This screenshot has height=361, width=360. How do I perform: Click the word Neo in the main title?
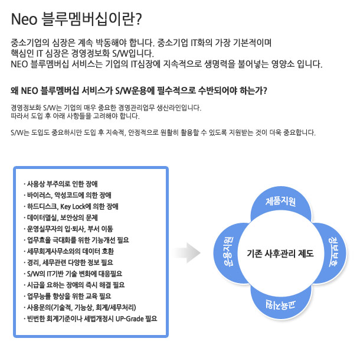pos(24,19)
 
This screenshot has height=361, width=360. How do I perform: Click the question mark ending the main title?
pos(139,19)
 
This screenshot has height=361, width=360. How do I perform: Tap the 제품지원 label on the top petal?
pos(281,201)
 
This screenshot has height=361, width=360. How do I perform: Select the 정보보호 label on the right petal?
pos(334,252)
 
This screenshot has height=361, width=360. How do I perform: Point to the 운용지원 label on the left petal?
pos(228,252)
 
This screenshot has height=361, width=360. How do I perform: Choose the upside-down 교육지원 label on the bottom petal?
pos(281,305)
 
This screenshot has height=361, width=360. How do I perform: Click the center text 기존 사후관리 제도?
pos(280,253)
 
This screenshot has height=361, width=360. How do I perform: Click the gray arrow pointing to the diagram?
pos(186,253)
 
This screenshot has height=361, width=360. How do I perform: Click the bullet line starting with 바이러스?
pos(67,195)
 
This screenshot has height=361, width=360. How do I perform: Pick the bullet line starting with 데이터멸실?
pos(61,217)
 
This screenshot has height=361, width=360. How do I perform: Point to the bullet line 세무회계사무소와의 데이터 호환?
pos(69,251)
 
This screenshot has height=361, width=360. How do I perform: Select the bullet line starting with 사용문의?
pos(80,307)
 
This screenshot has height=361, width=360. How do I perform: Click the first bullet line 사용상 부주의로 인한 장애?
pos(61,184)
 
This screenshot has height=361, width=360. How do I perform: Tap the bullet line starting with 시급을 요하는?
pos(74,285)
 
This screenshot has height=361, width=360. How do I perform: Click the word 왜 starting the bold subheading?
pos(15,91)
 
